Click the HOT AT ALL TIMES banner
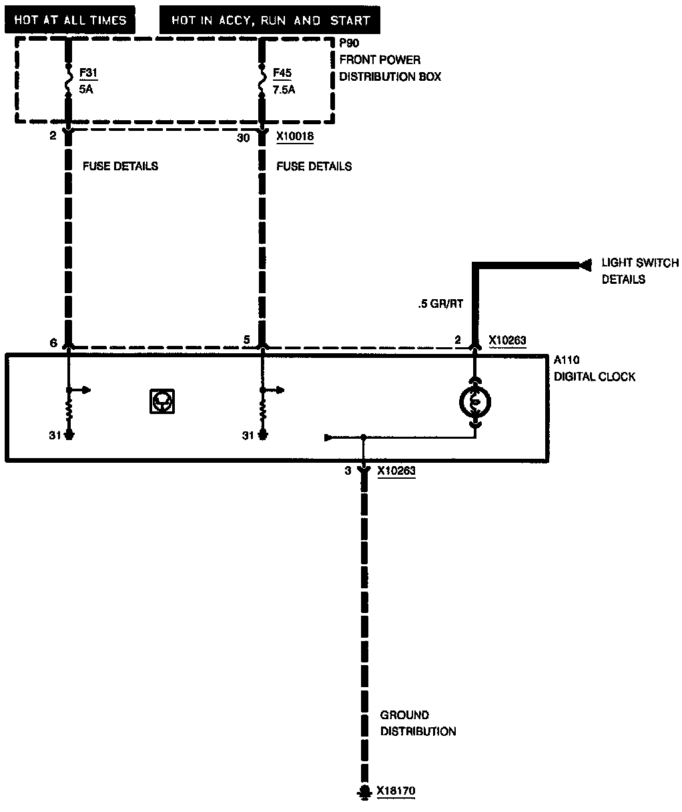70,20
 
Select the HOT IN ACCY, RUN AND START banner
270,20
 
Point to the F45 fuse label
282,73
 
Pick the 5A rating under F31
85,89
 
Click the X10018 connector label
295,137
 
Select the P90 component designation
349,44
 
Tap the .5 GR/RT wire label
440,304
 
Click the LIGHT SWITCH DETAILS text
639,271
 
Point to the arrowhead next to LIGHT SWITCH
586,265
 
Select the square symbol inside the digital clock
162,401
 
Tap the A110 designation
567,361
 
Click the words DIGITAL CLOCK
595,377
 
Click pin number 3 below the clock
348,471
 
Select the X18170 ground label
396,792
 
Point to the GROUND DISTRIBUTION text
418,723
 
